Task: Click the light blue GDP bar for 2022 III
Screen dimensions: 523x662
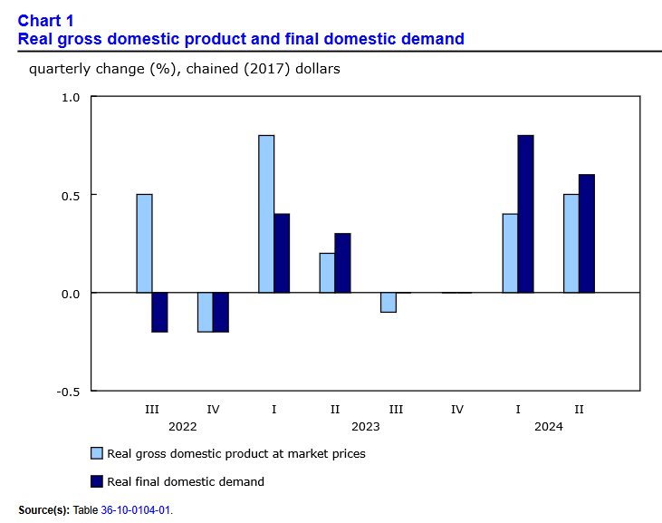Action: pyautogui.click(x=144, y=243)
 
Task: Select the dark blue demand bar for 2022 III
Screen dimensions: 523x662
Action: pyautogui.click(x=159, y=312)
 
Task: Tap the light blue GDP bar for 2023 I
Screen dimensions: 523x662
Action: pyautogui.click(x=266, y=214)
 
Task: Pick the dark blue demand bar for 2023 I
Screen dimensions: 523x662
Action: pyautogui.click(x=282, y=253)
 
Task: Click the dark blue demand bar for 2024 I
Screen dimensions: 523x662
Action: pyautogui.click(x=525, y=214)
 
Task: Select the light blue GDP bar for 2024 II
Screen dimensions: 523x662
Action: pyautogui.click(x=571, y=243)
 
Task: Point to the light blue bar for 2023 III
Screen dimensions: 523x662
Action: pyautogui.click(x=389, y=302)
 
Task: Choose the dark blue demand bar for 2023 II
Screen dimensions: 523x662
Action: pyautogui.click(x=342, y=263)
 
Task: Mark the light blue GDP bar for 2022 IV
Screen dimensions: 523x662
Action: pyautogui.click(x=206, y=312)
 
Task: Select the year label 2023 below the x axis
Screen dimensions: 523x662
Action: pyautogui.click(x=365, y=426)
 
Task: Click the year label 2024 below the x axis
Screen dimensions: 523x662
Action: pyautogui.click(x=548, y=426)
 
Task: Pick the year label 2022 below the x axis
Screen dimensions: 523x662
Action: pyautogui.click(x=182, y=426)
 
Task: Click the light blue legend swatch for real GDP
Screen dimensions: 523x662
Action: pyautogui.click(x=96, y=453)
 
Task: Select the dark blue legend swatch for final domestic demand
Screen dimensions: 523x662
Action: pyautogui.click(x=96, y=481)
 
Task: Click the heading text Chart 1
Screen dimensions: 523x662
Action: pyautogui.click(x=46, y=21)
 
